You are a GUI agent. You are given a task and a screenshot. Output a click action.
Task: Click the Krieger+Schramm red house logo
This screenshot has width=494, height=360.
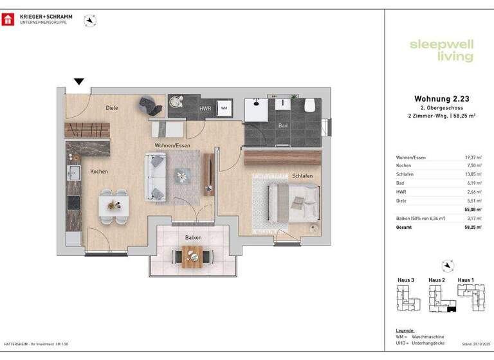pos(8,19)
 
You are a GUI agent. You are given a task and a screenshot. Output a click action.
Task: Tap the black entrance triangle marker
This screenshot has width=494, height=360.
pos(78,82)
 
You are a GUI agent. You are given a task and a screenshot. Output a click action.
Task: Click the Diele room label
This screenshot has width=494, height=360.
pos(113,108)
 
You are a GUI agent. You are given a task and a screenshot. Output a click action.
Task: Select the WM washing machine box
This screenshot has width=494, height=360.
pos(224,109)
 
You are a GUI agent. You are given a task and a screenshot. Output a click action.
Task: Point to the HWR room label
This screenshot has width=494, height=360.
pos(206,109)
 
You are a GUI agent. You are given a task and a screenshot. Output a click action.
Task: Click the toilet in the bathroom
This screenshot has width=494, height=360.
pos(309,105)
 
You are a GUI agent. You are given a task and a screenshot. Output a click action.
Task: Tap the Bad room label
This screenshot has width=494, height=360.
pos(282,126)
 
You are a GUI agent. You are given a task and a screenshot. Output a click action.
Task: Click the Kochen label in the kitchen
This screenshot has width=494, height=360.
pos(99,172)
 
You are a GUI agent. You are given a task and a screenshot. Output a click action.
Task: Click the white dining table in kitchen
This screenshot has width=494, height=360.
pos(114,206)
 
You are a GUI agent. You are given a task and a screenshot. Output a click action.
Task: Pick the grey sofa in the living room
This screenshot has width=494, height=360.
pos(156,177)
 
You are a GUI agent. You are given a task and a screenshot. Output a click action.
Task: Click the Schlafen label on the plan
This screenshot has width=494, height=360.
pos(302,175)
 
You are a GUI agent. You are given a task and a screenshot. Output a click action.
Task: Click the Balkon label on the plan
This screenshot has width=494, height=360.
pos(193,237)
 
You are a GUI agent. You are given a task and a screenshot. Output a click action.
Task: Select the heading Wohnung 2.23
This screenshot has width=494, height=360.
pos(441,98)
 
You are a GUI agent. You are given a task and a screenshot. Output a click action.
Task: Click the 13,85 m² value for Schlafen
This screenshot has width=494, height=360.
pos(473,175)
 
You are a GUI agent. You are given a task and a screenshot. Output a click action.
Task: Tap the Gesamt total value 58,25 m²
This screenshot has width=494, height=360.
pos(473,227)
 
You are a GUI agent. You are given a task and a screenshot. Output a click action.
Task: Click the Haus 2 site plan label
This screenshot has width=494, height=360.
pos(437,280)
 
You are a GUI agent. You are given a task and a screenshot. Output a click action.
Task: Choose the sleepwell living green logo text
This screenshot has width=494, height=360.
pos(441,50)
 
